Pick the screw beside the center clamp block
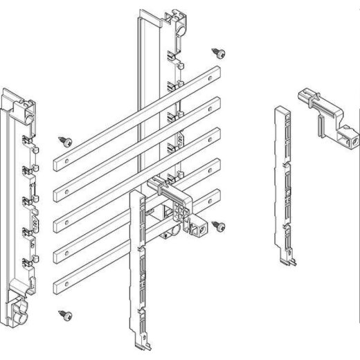coord(218,225)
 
